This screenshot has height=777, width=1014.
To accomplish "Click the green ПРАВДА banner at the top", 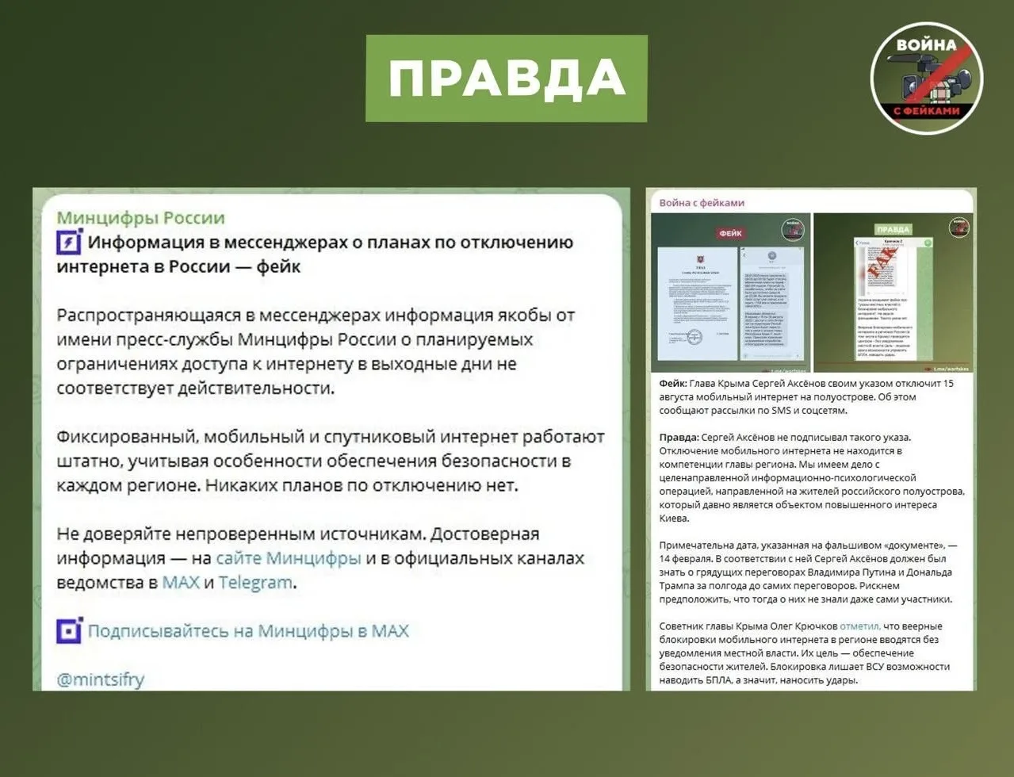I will (506, 78).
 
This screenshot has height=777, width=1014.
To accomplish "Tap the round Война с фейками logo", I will (926, 78).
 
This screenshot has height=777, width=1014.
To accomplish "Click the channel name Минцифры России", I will (140, 218).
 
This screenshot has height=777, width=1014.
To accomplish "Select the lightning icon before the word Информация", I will (69, 242).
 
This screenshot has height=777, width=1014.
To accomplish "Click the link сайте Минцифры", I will (288, 558).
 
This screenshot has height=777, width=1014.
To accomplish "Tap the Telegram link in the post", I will (255, 583).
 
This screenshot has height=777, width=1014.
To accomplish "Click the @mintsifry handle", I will (100, 679).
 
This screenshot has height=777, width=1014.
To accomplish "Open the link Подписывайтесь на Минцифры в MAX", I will (248, 631).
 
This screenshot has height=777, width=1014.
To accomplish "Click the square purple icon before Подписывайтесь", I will (69, 631).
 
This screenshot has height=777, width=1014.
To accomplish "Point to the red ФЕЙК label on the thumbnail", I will (730, 233).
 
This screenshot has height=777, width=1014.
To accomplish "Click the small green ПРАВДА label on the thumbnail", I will (893, 229).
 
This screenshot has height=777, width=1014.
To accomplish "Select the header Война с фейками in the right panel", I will (702, 203).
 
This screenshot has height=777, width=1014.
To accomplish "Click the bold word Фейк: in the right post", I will (673, 384).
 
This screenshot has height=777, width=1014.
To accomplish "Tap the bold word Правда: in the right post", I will (679, 438).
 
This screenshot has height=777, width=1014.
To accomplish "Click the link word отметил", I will (859, 626).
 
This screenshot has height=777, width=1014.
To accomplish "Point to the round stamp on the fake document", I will (694, 336).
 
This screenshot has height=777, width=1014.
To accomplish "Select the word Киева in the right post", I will (674, 519).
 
